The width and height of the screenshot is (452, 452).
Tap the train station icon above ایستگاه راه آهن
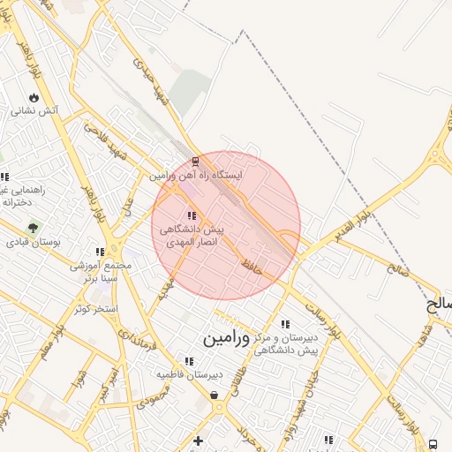pyautogui.click(x=195, y=162)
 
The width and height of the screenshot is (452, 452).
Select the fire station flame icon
pyautogui.click(x=34, y=97)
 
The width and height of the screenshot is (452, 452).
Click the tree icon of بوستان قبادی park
pyautogui.click(x=33, y=227)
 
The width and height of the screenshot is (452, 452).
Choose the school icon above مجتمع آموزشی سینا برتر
pyautogui.click(x=99, y=252)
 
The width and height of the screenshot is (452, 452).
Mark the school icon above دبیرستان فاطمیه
pyautogui.click(x=189, y=360)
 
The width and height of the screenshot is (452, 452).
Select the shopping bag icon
pyautogui.click(x=215, y=395)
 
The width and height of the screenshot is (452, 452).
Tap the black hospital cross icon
pyautogui.click(x=198, y=441)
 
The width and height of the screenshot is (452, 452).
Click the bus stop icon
pyautogui.click(x=433, y=443)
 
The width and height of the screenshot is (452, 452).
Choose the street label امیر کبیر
pyautogui.click(x=109, y=380)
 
